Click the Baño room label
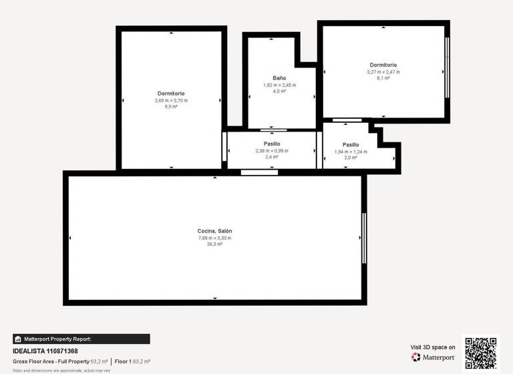pos(279,78)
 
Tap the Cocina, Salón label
pos(214,231)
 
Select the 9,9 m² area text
pos(171,107)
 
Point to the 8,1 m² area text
pos(383,78)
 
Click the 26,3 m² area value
pos(214,244)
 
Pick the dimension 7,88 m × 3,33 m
pos(214,238)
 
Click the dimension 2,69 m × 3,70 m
pos(171,100)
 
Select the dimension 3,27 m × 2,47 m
pos(383,71)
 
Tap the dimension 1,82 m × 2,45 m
pos(279,85)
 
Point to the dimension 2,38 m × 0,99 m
pos(272,151)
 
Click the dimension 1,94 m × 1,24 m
pos(351,152)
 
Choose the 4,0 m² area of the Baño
pos(279,91)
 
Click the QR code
pos(481,353)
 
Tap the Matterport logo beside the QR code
pos(434,357)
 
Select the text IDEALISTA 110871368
pos(45,351)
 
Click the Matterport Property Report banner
pos(81,339)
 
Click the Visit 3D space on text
pos(433,347)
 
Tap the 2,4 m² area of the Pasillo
pos(272,158)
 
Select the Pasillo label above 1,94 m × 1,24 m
pos(351,145)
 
